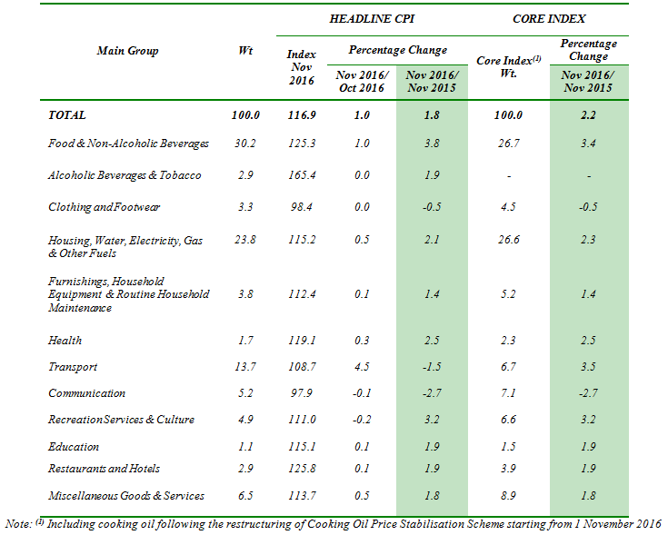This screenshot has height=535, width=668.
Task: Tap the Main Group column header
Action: [127, 50]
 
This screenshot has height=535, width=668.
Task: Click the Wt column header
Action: [245, 50]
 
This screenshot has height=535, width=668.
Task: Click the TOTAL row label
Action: [67, 115]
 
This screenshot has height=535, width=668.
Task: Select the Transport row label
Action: [73, 367]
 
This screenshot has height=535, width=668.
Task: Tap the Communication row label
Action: [86, 393]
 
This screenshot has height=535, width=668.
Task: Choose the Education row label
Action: [74, 446]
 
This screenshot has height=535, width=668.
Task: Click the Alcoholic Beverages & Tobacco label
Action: [125, 174]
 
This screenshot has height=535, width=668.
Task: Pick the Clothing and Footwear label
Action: [104, 206]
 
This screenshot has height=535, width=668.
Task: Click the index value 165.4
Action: [301, 174]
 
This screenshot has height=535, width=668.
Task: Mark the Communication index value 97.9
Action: [301, 393]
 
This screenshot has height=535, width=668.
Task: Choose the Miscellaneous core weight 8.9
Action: [508, 495]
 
